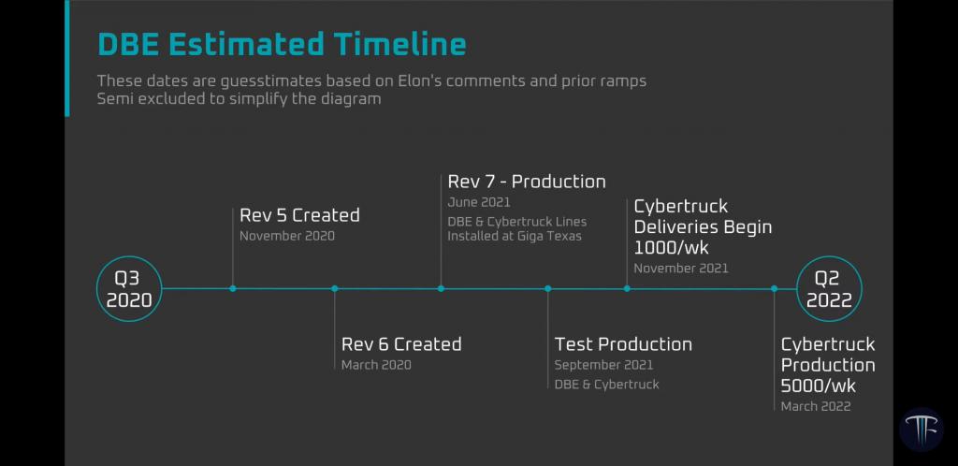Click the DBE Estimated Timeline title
[x=282, y=45]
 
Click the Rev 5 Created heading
[x=299, y=215]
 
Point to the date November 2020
[x=287, y=236]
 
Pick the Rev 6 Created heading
[x=401, y=343]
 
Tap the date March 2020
[x=376, y=365]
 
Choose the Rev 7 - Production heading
[x=527, y=182]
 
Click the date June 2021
[x=479, y=202]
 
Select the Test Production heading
[x=623, y=343]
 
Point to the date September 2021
[x=603, y=365]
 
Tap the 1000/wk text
[x=672, y=247]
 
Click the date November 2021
[x=681, y=269]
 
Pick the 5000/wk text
[x=819, y=386]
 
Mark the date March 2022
[x=816, y=406]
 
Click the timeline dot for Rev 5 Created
[x=233, y=288]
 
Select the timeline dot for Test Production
[x=547, y=288]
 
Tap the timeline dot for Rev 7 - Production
[x=441, y=288]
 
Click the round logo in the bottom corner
[x=922, y=430]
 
